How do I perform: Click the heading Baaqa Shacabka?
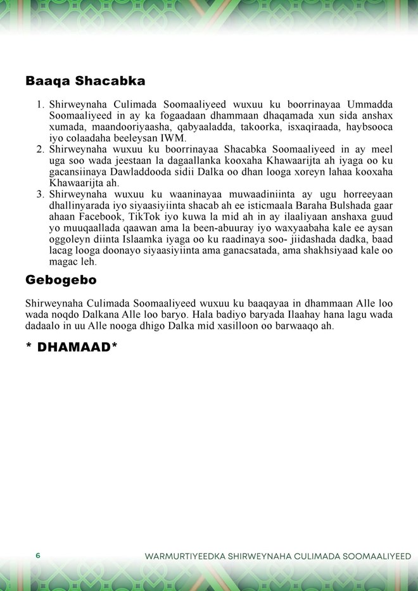[85, 81]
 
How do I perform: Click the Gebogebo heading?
[61, 279]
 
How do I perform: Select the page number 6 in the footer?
[38, 556]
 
